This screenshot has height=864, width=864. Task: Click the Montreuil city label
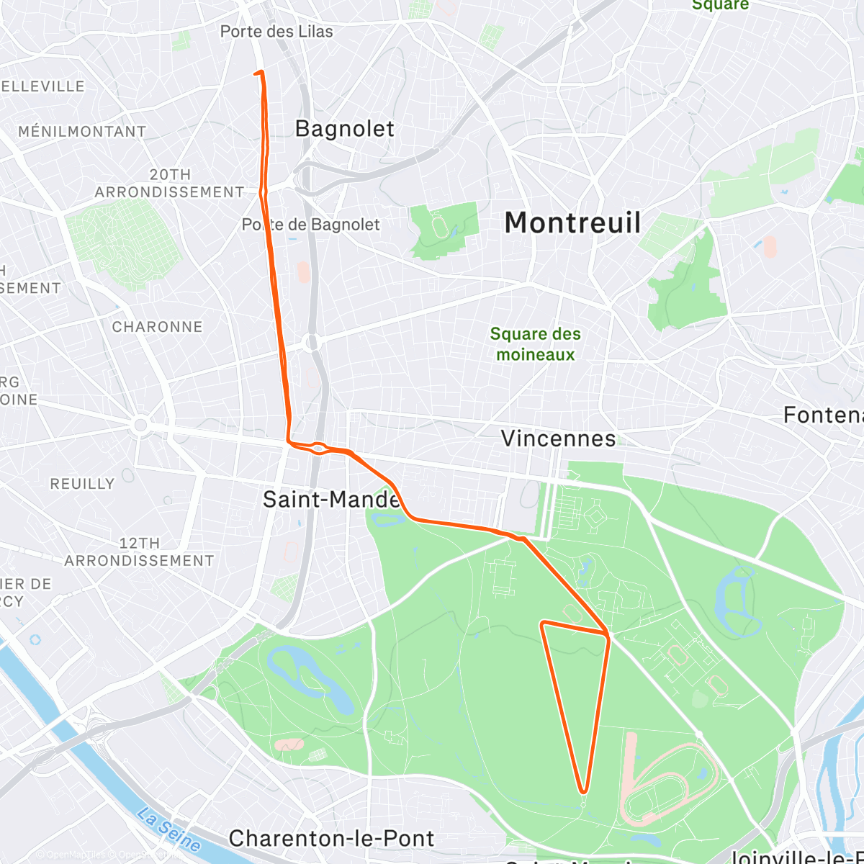572,222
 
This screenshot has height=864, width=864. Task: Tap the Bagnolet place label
345,129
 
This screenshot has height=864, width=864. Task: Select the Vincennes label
558,438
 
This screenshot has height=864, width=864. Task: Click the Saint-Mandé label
331,499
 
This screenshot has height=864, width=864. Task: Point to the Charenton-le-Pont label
331,839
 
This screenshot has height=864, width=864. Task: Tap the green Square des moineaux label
535,344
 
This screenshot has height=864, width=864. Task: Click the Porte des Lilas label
276,32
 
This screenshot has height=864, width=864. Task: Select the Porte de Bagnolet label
310,225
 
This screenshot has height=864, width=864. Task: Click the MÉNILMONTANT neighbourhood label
82,132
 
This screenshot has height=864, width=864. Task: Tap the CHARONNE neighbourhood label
157,327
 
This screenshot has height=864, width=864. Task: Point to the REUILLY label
82,484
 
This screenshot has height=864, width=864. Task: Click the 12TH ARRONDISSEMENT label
139,552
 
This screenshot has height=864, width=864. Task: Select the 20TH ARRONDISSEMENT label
170,184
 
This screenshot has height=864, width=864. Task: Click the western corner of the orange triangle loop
542,624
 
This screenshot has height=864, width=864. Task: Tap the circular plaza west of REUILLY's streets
141,426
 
